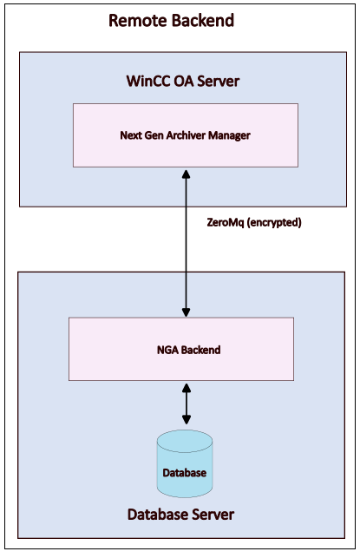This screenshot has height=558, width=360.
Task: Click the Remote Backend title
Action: (x=171, y=20)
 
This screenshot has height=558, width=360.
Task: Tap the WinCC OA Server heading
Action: (x=183, y=81)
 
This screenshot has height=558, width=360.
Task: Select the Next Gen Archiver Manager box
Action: (x=186, y=135)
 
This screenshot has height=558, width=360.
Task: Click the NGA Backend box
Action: (x=181, y=349)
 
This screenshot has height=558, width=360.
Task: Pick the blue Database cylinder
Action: (x=185, y=463)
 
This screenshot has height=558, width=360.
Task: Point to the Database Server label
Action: (x=180, y=515)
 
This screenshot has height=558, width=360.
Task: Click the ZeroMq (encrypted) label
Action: (x=254, y=223)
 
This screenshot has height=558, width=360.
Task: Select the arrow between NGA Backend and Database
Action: (x=186, y=404)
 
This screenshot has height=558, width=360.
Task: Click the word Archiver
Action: (x=186, y=135)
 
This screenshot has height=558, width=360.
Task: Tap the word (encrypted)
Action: (x=274, y=223)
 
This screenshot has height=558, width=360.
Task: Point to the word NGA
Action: (x=167, y=350)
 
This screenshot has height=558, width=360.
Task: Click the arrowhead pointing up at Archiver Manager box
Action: (x=186, y=174)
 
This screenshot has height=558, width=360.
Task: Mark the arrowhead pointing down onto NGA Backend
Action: (x=186, y=312)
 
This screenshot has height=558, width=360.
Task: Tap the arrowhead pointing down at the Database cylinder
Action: (x=186, y=419)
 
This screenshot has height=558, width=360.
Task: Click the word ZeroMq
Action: (x=226, y=223)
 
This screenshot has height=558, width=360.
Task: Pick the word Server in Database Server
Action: (x=213, y=515)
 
